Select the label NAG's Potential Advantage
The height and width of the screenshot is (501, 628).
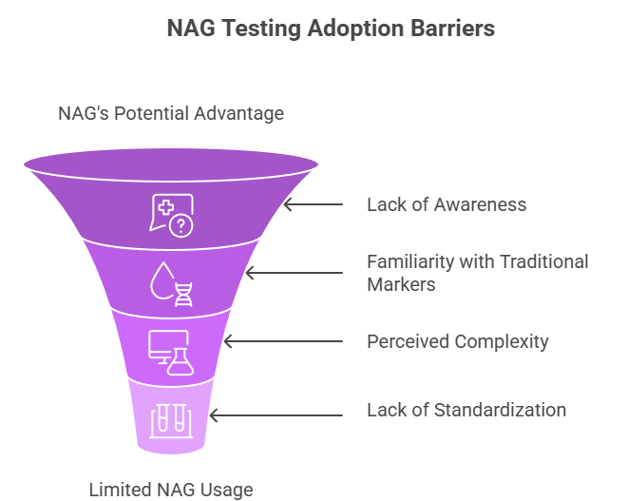click(171, 113)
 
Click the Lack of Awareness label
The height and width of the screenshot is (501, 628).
click(447, 204)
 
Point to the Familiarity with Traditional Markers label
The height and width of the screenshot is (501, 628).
click(478, 273)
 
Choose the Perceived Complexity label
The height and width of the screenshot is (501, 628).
click(458, 341)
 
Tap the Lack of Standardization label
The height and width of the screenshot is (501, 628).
click(466, 410)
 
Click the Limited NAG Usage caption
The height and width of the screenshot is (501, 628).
click(171, 490)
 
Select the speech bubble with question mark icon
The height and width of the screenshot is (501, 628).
click(171, 214)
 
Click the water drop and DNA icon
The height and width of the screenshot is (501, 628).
click(171, 282)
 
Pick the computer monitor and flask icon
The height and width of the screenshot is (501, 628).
click(171, 351)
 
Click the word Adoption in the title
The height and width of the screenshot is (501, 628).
click(352, 28)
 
